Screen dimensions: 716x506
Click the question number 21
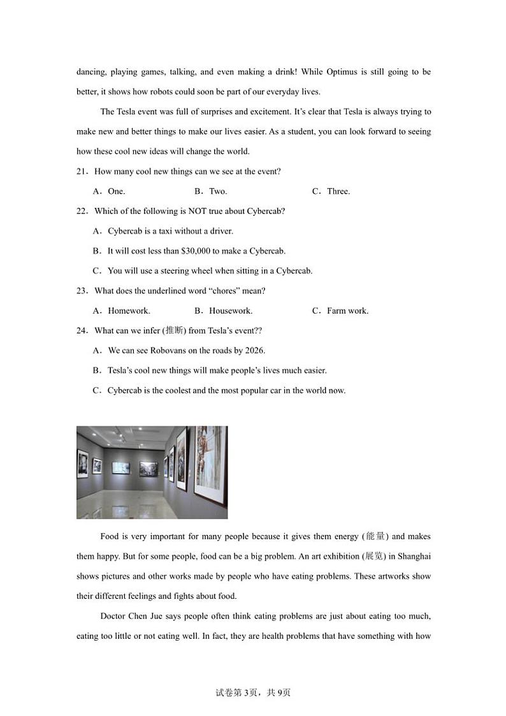coord(81,172)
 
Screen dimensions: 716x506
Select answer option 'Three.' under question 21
coord(338,191)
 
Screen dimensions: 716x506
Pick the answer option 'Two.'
coord(218,191)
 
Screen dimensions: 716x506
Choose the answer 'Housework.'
coord(231,311)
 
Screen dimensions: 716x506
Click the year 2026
coord(253,351)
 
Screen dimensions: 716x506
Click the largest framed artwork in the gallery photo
coord(210,465)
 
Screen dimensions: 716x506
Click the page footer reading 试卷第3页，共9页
coord(253,692)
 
